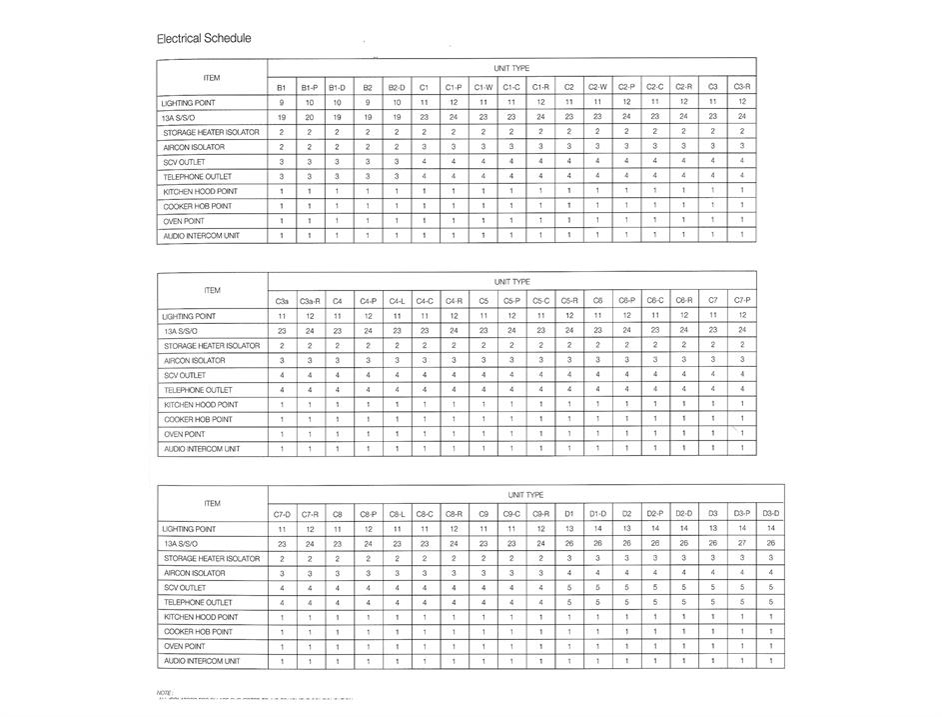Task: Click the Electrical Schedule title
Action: click(204, 39)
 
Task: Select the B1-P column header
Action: click(309, 88)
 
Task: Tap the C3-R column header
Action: click(741, 88)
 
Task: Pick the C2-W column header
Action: click(597, 88)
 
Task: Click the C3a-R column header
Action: click(310, 301)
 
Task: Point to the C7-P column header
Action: click(741, 301)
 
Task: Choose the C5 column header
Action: click(483, 301)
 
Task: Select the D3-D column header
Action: click(770, 514)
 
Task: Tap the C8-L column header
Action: click(397, 514)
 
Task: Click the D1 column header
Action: click(569, 514)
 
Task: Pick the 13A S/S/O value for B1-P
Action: click(309, 117)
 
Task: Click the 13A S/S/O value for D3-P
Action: click(741, 543)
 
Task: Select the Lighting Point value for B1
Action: click(282, 102)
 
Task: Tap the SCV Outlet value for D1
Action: click(569, 587)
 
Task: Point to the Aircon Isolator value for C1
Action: click(424, 147)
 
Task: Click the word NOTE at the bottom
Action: click(166, 692)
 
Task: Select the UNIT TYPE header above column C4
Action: click(511, 282)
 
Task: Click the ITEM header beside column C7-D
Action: click(212, 503)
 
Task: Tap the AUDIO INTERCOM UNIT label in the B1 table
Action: click(200, 236)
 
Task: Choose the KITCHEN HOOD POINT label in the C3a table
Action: click(200, 405)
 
